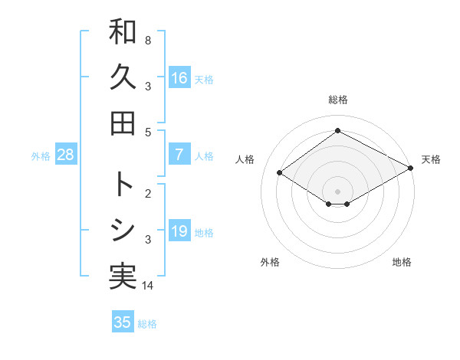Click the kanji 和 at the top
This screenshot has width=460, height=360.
click(123, 32)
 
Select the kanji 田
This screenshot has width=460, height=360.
click(123, 123)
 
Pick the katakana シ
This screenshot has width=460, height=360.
click(123, 231)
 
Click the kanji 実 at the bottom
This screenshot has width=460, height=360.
click(123, 277)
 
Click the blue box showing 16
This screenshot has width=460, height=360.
click(179, 77)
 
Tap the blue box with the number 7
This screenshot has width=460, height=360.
click(179, 155)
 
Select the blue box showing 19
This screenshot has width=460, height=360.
click(179, 231)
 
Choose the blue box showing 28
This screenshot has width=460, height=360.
click(66, 155)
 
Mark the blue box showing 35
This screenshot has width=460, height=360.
click(123, 322)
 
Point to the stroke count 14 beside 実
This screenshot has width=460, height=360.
click(148, 286)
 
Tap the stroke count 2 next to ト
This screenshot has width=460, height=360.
click(148, 192)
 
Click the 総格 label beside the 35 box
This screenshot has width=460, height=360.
click(147, 324)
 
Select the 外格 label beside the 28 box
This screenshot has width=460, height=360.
click(41, 156)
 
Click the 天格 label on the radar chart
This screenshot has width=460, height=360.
click(431, 159)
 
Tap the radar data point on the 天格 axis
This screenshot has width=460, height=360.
click(411, 169)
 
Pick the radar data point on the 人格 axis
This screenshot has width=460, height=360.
click(280, 173)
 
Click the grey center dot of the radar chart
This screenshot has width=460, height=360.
click(337, 191)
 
